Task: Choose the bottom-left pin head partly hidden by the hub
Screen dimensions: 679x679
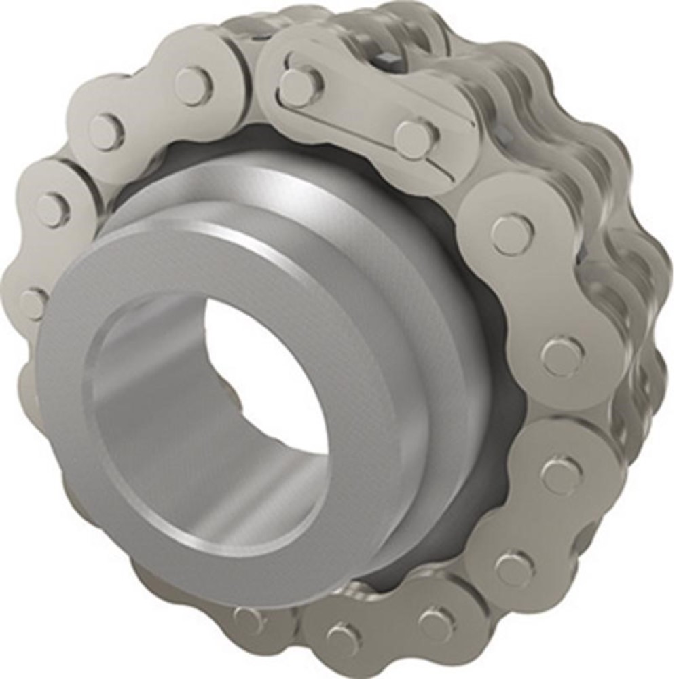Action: (x=244, y=618)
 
